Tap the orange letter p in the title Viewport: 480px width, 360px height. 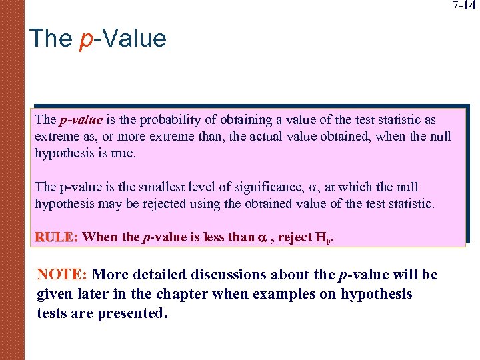(85, 40)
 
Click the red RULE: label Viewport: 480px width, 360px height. (57, 237)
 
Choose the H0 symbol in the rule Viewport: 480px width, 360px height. (323, 237)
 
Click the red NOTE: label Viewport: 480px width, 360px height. (63, 275)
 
